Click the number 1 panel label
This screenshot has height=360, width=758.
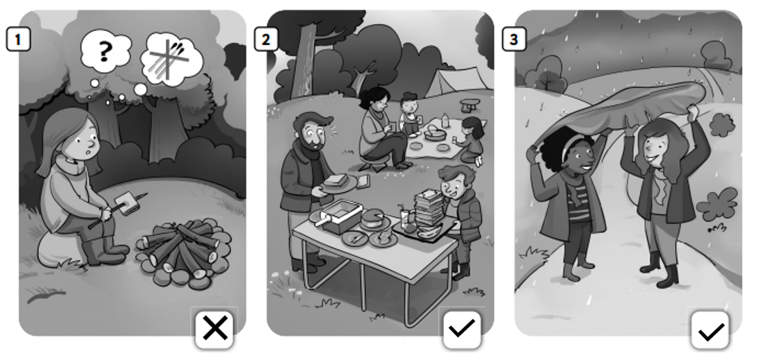[18, 39]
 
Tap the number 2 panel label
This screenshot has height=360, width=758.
[266, 39]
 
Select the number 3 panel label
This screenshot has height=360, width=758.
[514, 39]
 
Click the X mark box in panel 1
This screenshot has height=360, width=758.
[215, 329]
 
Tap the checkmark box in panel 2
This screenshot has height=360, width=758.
[463, 329]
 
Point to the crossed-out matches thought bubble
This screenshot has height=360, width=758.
[171, 60]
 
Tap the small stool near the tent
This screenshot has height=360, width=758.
[470, 105]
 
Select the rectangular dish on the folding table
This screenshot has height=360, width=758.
[341, 216]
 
